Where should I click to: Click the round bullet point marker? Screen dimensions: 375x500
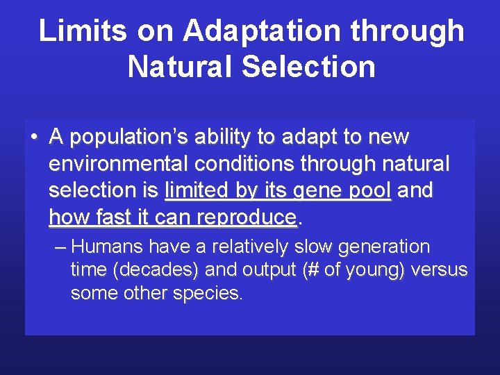tap(33, 137)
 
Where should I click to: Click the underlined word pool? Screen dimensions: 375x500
tap(369, 191)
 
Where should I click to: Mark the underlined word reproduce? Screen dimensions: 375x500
tap(246, 218)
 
